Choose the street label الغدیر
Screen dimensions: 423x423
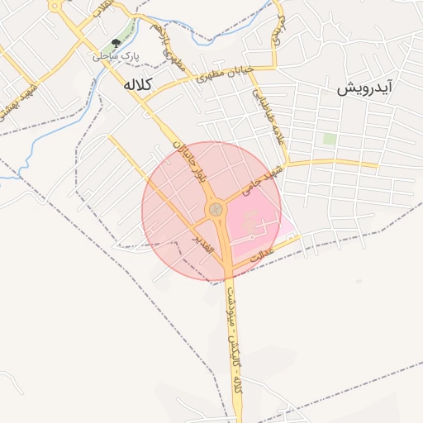[x=204, y=242]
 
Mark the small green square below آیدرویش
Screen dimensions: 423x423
[x=329, y=139]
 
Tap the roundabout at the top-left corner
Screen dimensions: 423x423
[x=55, y=5]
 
